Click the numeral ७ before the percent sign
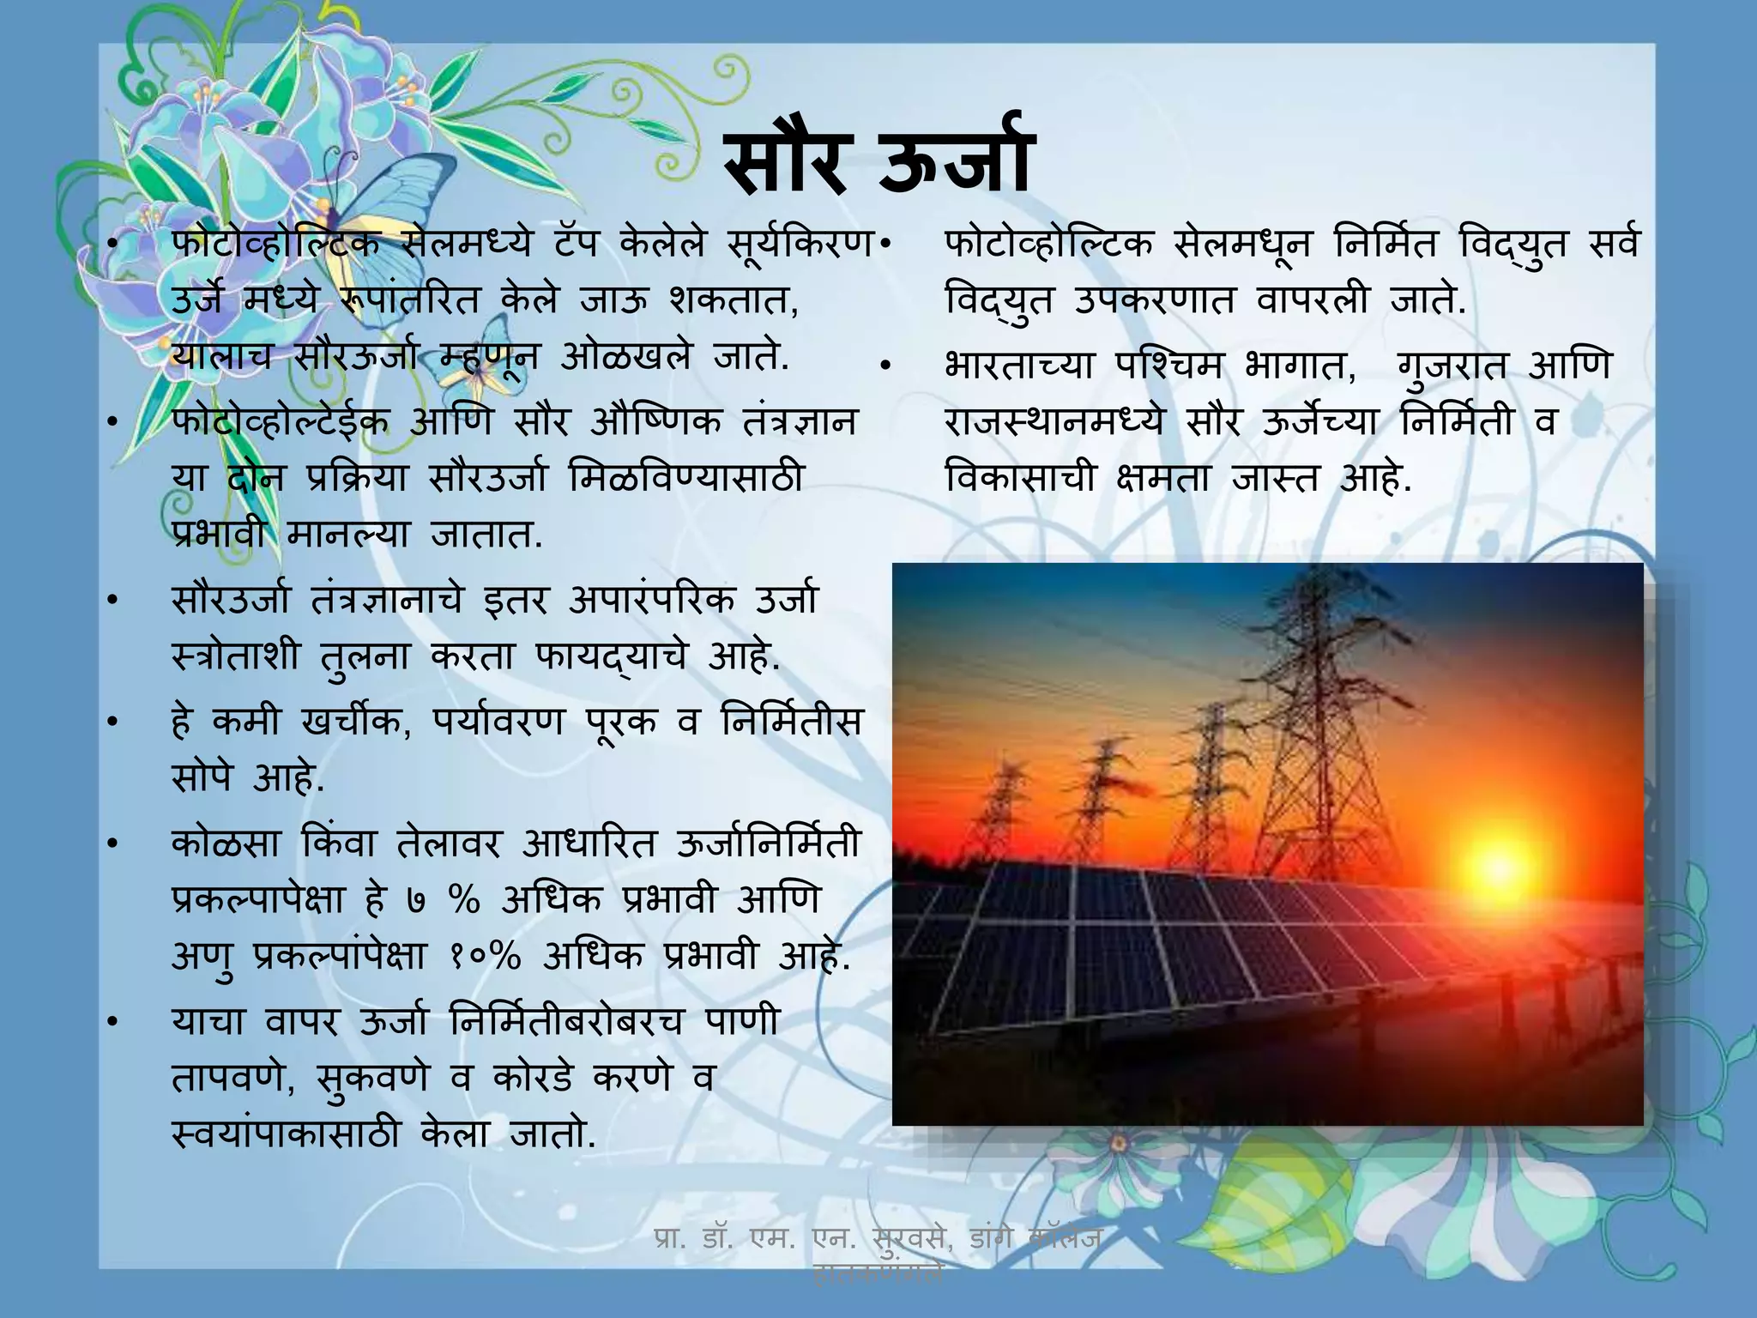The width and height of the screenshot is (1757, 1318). [416, 902]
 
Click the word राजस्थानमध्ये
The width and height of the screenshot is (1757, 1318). [1055, 422]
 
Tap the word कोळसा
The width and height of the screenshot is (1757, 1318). [225, 844]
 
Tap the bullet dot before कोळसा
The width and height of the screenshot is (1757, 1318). [111, 845]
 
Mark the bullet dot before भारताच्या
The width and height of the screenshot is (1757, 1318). [886, 367]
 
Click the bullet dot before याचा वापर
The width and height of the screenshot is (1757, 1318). [111, 1023]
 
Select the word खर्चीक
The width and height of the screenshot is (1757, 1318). [350, 722]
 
